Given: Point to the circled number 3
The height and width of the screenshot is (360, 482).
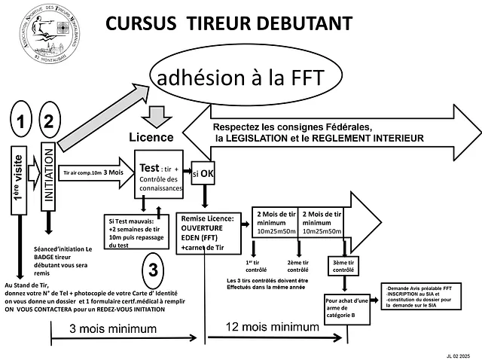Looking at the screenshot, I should [153, 269].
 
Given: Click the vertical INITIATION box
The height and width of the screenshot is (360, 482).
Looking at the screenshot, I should [49, 176].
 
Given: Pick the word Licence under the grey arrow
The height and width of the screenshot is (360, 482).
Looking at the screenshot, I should [151, 138].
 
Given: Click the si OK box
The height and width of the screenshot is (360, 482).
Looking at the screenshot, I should [202, 172].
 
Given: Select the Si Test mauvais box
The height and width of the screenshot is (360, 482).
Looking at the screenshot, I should [135, 233].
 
